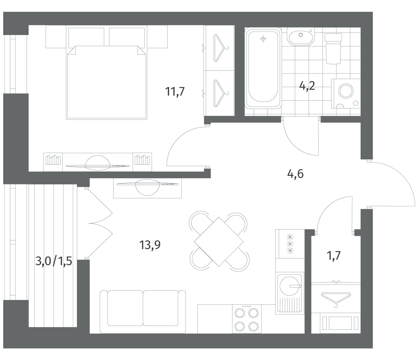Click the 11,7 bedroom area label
175,92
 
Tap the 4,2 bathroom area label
307,86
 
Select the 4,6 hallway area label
295,174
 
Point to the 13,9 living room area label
150,245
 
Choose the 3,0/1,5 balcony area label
54,261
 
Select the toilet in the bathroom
333,49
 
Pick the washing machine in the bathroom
346,94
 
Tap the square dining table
219,241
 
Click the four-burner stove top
247,319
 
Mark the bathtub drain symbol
263,39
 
